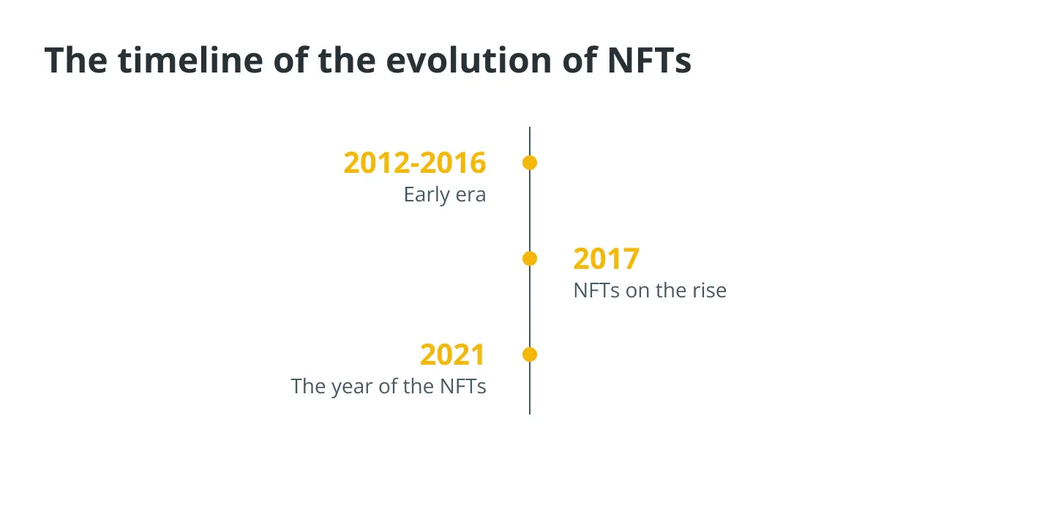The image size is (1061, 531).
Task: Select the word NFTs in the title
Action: click(649, 60)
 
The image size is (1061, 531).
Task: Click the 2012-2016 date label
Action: click(415, 163)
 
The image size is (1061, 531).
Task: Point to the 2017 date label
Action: click(606, 259)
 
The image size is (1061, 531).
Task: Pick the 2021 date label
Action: click(453, 354)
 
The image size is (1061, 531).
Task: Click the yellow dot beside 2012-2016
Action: click(530, 163)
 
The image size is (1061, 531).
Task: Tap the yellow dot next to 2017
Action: click(530, 259)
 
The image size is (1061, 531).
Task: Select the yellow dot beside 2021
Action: click(530, 354)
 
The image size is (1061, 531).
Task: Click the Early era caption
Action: click(445, 195)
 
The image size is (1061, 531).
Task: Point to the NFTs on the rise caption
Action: click(650, 290)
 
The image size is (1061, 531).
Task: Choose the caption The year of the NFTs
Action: click(389, 386)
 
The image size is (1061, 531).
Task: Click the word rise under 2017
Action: click(708, 290)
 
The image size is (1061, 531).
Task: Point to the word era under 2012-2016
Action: click(470, 196)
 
